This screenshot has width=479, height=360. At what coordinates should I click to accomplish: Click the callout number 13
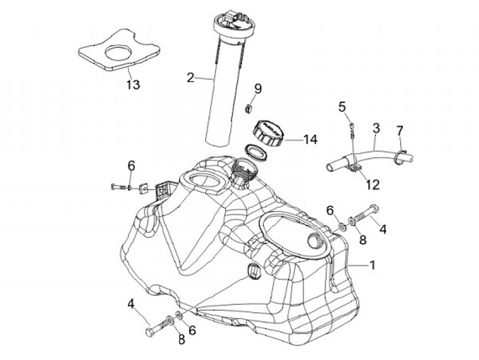[133, 85]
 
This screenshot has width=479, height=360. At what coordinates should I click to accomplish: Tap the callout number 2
[190, 78]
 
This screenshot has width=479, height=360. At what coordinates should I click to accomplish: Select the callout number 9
[258, 89]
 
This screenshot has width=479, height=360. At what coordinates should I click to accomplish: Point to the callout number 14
[311, 139]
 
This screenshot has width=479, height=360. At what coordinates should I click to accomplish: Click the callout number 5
[342, 107]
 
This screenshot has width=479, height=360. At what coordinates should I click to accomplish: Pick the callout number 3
[376, 128]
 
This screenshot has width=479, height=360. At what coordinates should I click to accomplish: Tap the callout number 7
[400, 130]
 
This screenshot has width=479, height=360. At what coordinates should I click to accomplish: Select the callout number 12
[373, 184]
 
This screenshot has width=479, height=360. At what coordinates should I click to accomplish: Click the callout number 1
[372, 265]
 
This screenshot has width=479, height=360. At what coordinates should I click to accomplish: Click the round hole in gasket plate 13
[118, 53]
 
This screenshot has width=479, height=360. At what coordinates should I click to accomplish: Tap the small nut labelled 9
[248, 108]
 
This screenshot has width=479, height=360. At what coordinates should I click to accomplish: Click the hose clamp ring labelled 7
[400, 156]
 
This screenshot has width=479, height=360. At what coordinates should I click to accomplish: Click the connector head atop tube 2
[234, 23]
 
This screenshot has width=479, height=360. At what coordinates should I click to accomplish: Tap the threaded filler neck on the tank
[243, 171]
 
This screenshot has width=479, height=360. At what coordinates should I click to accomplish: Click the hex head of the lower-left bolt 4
[150, 332]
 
